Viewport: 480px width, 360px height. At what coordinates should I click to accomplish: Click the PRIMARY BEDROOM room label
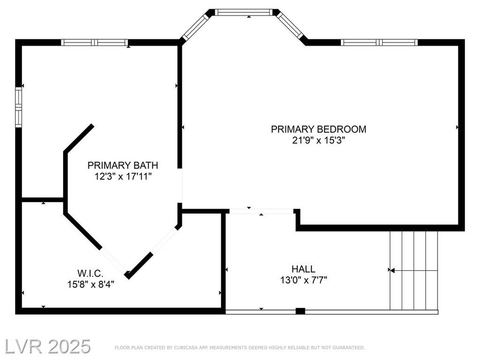point(318,129)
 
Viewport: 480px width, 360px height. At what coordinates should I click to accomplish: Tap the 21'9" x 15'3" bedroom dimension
point(318,141)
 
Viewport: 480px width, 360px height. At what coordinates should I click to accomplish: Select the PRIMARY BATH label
point(123,165)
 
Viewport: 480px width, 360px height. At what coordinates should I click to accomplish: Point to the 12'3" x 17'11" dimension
point(123,177)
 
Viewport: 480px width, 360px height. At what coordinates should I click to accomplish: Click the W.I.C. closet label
point(90,273)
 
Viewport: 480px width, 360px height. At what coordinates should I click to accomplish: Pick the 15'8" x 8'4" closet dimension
point(90,285)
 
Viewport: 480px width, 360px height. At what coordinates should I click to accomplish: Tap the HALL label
point(303,269)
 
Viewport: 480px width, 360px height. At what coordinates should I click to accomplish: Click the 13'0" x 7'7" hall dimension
point(304,280)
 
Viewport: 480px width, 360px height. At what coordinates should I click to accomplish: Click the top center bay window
point(243,12)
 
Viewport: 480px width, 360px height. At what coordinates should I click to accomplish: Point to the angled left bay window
point(195,27)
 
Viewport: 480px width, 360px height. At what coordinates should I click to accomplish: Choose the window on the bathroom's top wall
point(94,43)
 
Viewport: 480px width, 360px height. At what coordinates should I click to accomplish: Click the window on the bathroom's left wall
point(19,107)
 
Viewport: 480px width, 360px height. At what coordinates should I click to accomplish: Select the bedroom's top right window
point(379,43)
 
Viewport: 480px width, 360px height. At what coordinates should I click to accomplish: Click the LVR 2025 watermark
point(48,346)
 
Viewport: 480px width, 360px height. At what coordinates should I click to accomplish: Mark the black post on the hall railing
point(300,311)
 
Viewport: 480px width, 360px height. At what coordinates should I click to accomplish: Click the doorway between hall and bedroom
point(262,211)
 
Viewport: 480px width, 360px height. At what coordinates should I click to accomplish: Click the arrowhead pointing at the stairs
point(393,270)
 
